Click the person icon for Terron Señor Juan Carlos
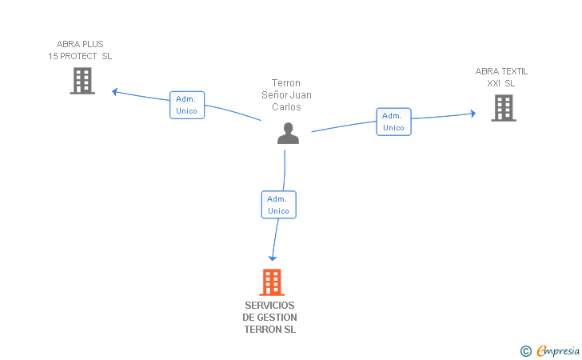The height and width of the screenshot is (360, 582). [288, 134]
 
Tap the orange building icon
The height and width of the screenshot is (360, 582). [272, 282]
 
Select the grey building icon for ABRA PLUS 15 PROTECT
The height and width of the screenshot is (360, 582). [82, 81]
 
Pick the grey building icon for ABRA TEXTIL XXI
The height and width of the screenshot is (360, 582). [504, 107]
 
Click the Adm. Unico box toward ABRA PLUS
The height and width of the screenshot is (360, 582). [187, 105]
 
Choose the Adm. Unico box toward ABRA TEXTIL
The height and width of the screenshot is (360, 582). [393, 122]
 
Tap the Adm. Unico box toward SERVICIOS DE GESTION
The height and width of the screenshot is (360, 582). [278, 205]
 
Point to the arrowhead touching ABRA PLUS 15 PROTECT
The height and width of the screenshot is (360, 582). [115, 91]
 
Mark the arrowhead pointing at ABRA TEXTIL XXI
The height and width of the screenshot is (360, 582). [472, 114]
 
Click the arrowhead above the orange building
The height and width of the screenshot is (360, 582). [273, 258]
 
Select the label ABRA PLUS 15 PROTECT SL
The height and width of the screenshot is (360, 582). [80, 50]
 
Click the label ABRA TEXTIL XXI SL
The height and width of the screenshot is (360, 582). [501, 77]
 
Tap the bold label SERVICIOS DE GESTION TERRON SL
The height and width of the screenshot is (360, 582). [270, 318]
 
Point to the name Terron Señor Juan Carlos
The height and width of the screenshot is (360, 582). [286, 94]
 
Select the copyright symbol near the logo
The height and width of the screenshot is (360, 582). [525, 350]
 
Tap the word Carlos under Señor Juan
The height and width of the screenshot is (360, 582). [286, 106]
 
